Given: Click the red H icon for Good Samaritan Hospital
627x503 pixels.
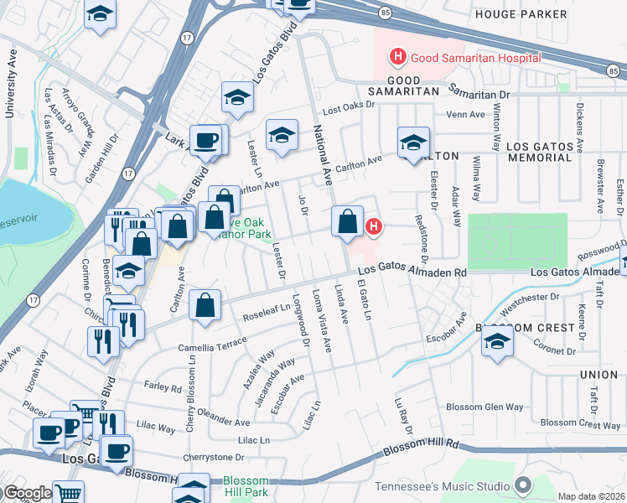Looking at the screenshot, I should point(397,57).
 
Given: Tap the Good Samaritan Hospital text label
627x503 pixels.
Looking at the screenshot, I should point(474,58).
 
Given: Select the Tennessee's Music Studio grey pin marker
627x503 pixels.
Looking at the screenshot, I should point(523,485).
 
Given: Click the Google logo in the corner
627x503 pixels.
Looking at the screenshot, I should point(27,493).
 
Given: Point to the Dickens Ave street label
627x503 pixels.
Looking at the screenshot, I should point(579,128).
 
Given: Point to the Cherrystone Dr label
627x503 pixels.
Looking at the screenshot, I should point(216,458).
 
